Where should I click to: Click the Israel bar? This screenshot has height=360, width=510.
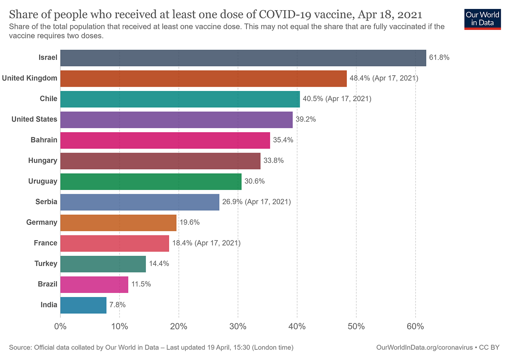243,58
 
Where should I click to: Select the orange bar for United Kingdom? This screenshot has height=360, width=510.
204,79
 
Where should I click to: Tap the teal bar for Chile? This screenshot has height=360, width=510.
180,99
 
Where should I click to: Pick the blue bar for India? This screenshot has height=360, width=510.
83,305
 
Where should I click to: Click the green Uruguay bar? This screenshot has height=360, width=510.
151,181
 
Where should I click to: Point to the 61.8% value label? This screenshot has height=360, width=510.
439,57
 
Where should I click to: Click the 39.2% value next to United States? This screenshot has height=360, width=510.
306,119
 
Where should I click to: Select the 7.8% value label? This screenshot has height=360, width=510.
117,305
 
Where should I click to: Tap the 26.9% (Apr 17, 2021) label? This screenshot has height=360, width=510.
257,202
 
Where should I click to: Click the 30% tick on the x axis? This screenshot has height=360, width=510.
238,326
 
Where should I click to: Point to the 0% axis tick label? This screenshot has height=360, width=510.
60,326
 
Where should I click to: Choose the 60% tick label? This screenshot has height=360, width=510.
416,326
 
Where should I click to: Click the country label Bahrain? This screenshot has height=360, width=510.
44,140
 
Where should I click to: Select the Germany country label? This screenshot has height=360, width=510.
42,222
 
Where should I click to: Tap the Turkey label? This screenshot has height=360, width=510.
46,264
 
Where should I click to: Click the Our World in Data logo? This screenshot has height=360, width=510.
483,19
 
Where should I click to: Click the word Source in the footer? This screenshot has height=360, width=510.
20,348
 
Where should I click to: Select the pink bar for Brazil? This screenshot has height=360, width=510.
94,285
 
